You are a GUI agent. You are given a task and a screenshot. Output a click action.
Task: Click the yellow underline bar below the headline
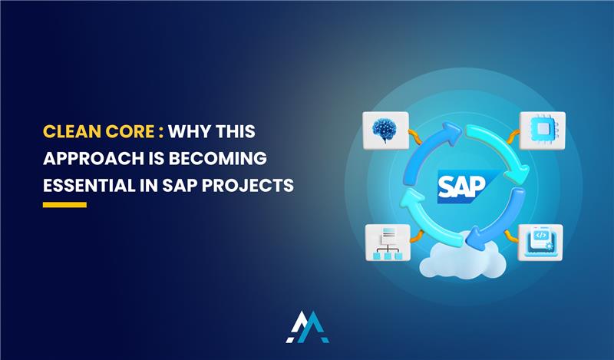coord(64,205)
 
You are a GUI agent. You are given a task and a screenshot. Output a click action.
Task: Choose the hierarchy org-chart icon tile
coord(385,243)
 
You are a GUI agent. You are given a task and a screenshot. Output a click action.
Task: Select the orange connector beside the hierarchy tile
coord(414,235)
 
